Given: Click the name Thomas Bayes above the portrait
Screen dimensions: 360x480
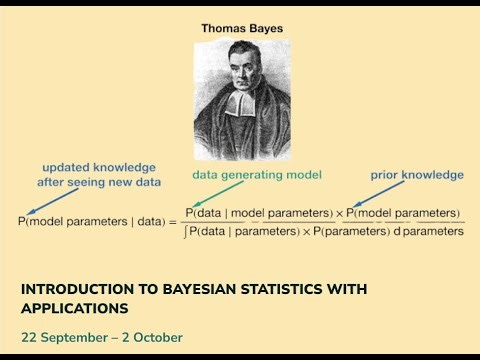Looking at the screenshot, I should coord(241,29).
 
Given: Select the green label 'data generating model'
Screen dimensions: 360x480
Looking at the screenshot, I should coord(257,175).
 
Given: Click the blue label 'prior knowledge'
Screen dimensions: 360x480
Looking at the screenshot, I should coord(419,175).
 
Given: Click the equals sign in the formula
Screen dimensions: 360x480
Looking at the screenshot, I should coord(172,221).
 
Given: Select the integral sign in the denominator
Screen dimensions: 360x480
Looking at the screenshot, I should coord(188,231).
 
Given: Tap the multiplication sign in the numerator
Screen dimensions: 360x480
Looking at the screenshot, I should coord(339,213).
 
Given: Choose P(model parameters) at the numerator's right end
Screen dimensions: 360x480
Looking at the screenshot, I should coord(403,213).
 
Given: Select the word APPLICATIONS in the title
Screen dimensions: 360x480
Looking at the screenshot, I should coord(75,308).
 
